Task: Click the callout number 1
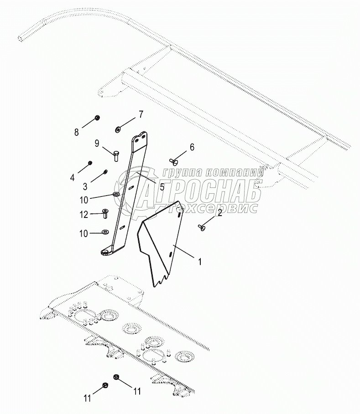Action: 199,262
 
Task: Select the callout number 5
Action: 162,186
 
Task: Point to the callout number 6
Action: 192,147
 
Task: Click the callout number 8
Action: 77,132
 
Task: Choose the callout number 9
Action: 97,143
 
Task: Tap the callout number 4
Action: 72,177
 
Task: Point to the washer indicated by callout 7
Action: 118,129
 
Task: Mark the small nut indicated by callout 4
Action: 90,163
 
